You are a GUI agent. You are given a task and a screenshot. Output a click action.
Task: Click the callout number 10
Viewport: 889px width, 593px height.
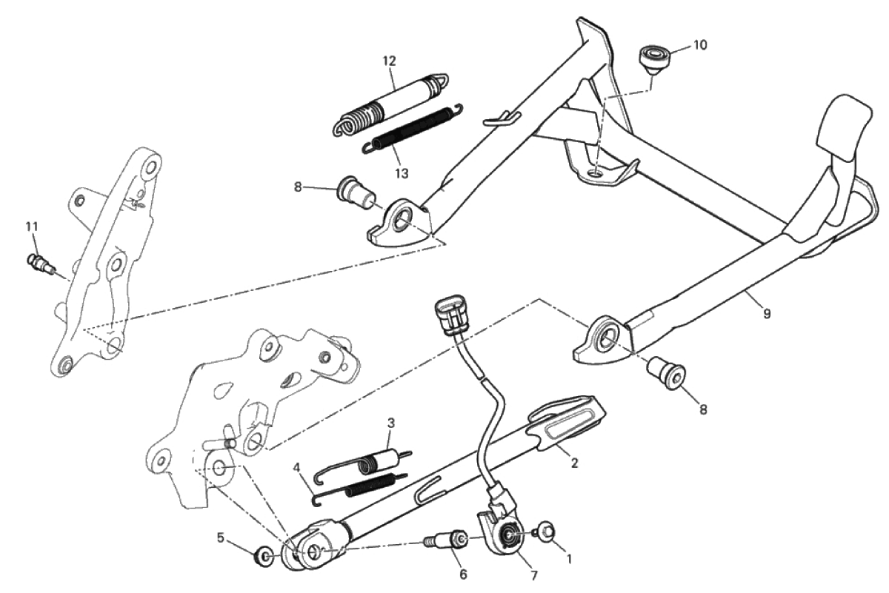[700, 45]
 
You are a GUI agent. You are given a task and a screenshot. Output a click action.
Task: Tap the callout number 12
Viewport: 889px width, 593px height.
[390, 61]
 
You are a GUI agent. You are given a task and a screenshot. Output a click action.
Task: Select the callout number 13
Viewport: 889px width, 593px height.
[402, 174]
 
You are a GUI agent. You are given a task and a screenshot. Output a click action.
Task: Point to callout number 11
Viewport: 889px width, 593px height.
[32, 227]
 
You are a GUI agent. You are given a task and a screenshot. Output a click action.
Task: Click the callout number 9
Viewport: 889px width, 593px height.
[767, 314]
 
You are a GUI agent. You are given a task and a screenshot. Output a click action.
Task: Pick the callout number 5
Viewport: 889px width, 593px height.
[221, 538]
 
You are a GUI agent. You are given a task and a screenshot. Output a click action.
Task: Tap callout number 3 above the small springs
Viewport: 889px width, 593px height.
[391, 423]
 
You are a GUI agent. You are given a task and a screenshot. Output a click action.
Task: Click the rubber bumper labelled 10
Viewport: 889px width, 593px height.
[654, 60]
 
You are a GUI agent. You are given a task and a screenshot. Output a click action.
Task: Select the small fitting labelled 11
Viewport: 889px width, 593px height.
[41, 264]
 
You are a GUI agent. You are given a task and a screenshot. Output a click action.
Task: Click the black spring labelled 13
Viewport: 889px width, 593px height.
[413, 130]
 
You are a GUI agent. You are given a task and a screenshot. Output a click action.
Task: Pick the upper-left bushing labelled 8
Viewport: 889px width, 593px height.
[356, 195]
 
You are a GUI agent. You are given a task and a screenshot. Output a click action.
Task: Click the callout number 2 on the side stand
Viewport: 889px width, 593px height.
[574, 462]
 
